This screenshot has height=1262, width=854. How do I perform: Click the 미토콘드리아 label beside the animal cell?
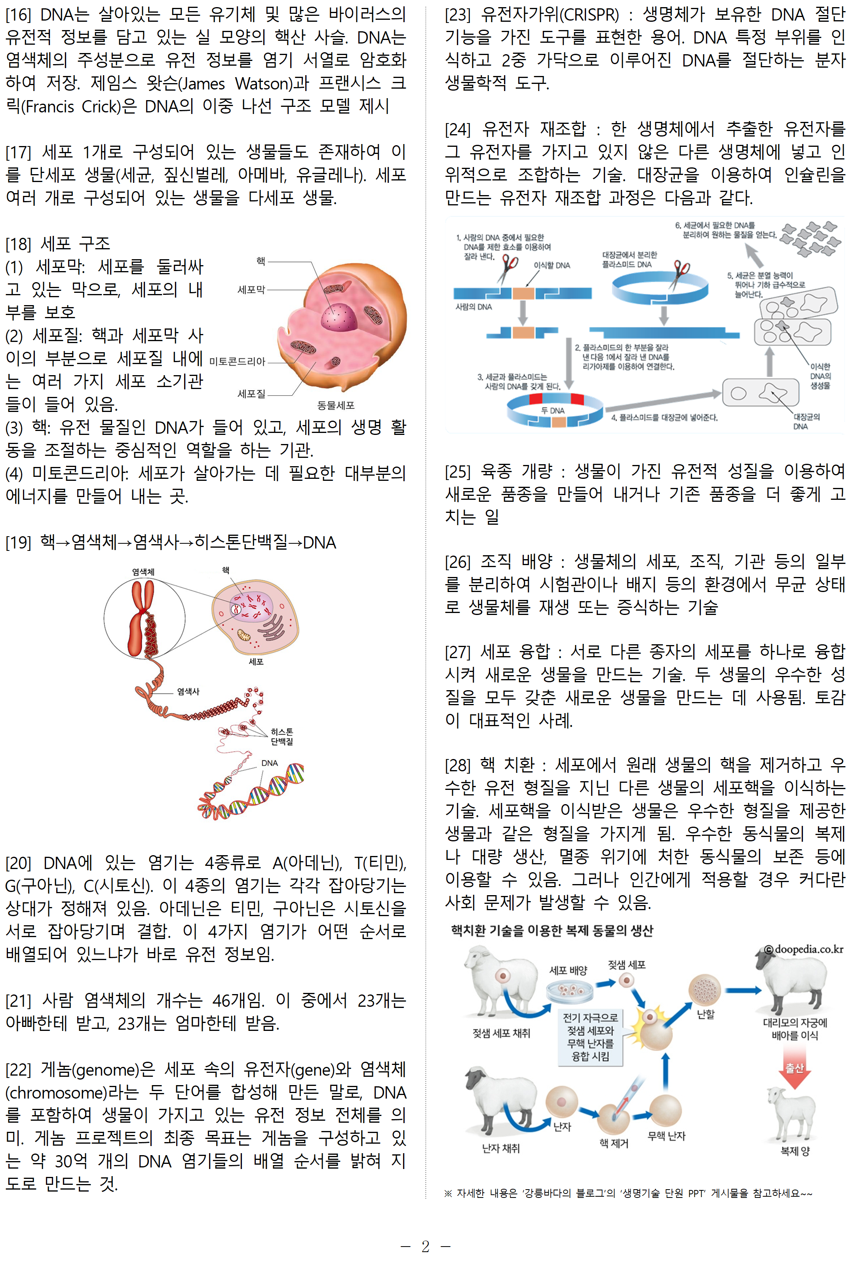pyautogui.click(x=237, y=362)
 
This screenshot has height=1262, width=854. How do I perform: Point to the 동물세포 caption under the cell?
pyautogui.click(x=336, y=406)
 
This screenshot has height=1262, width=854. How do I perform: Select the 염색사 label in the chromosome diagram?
pyautogui.click(x=188, y=692)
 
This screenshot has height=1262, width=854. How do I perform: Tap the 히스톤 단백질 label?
pyautogui.click(x=282, y=737)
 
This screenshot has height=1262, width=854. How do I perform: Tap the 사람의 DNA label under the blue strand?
pyautogui.click(x=473, y=307)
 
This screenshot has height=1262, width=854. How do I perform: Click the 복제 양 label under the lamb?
pyautogui.click(x=794, y=1151)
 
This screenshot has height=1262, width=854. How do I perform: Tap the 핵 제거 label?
pyautogui.click(x=614, y=1143)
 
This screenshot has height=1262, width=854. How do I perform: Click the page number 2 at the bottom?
pyautogui.click(x=425, y=1246)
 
